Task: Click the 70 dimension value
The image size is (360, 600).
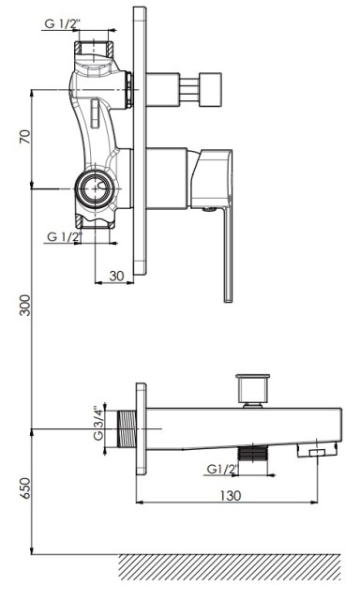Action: pos(25,137)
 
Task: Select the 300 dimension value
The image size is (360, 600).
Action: pos(25,305)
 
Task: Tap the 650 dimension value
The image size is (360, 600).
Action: pos(25,488)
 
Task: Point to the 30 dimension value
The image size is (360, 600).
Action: pos(116,276)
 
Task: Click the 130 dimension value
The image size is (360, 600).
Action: pos(231,496)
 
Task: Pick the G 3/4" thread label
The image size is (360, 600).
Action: pos(98,423)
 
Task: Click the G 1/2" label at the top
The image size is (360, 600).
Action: pos(63,23)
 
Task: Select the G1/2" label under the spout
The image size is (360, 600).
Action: pos(223,469)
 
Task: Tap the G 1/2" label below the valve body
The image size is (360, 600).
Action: pos(65,236)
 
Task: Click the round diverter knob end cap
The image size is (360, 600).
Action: pos(210,89)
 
